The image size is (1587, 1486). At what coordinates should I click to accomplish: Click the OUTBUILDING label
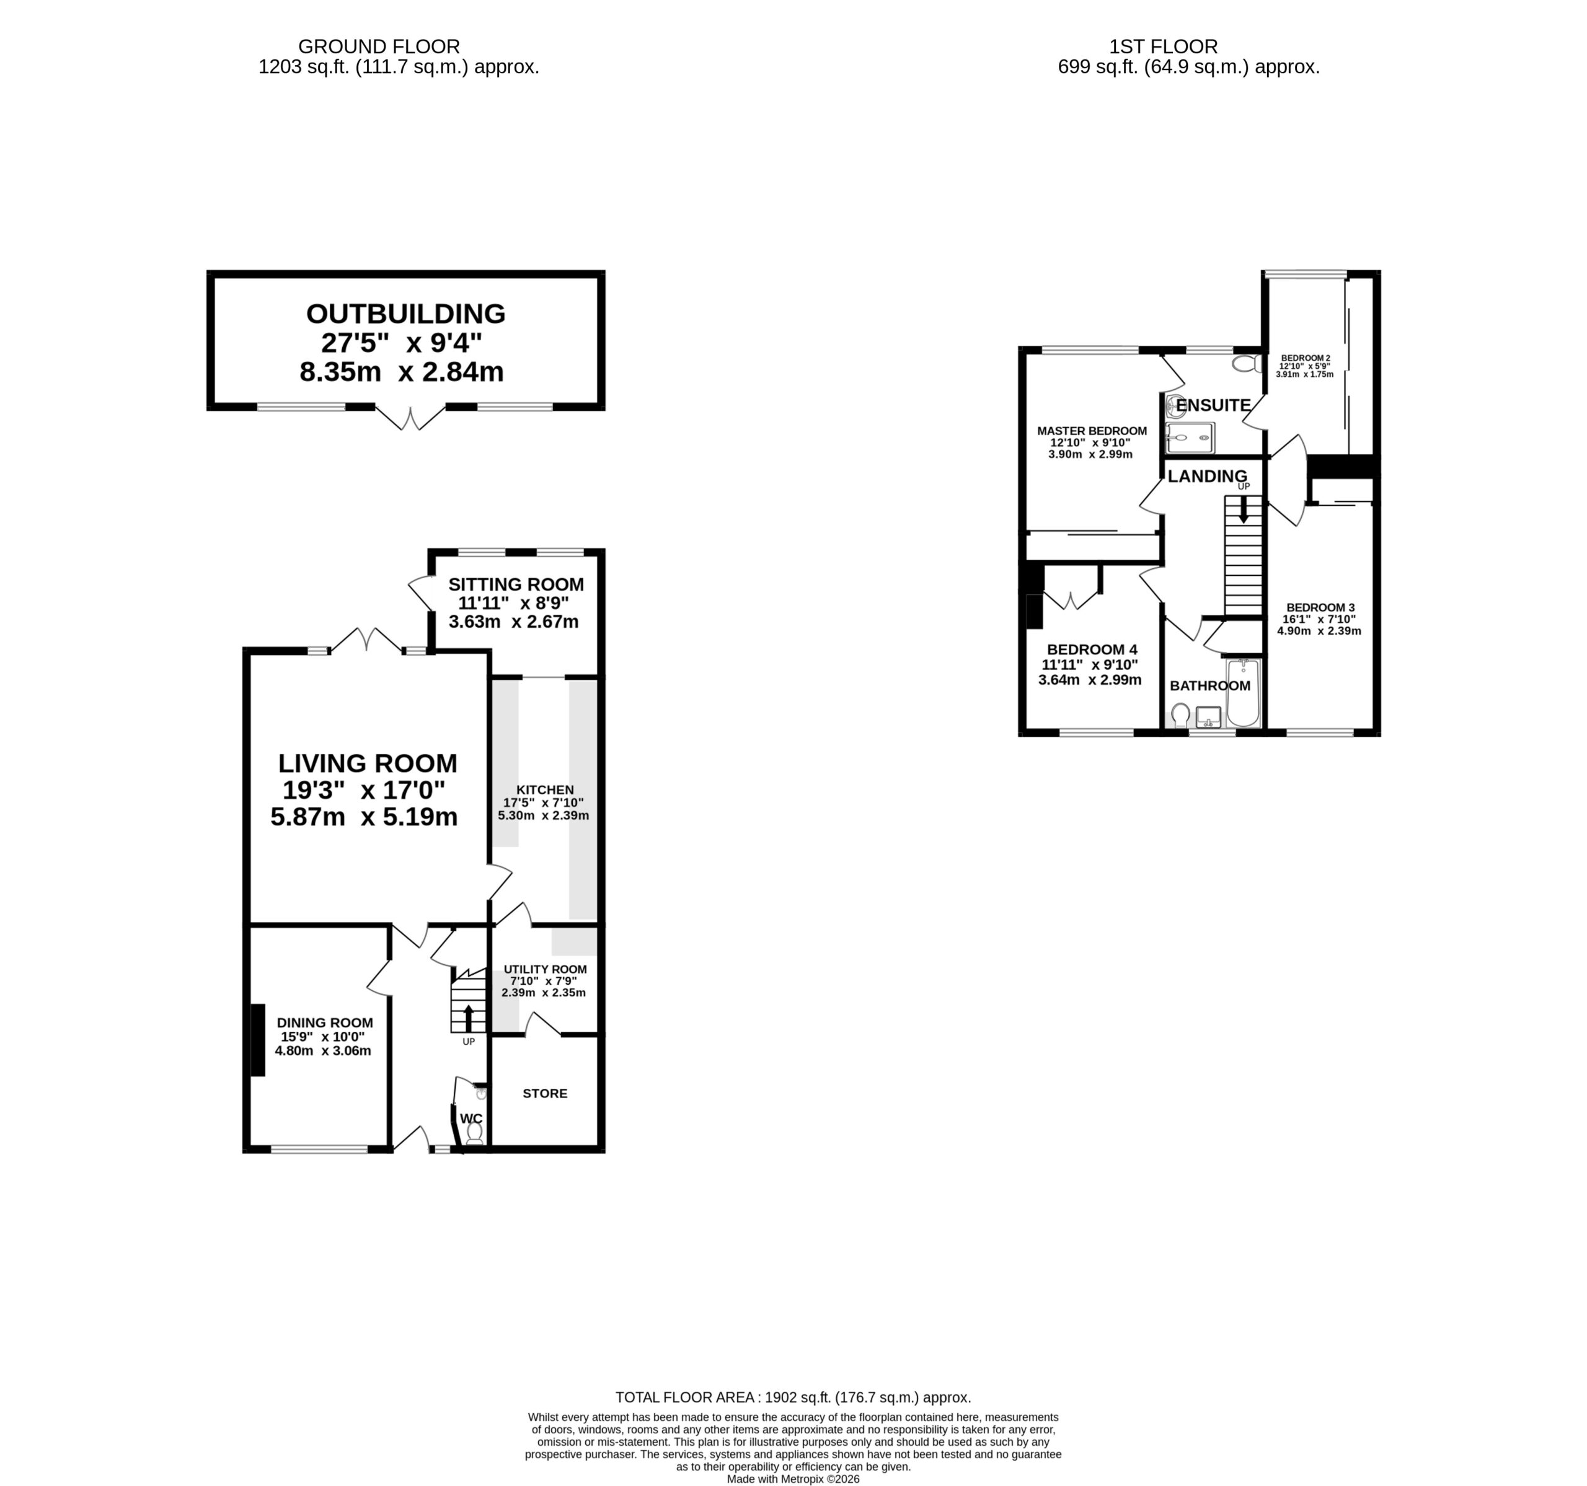pyautogui.click(x=405, y=314)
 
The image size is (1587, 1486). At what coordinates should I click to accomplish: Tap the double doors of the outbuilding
pyautogui.click(x=410, y=418)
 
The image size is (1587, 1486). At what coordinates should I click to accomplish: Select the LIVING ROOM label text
pyautogui.click(x=367, y=763)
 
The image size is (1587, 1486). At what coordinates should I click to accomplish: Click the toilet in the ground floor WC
pyautogui.click(x=474, y=1133)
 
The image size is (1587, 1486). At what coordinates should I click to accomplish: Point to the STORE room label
pyautogui.click(x=546, y=1093)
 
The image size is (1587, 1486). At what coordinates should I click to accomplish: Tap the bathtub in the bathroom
pyautogui.click(x=1243, y=693)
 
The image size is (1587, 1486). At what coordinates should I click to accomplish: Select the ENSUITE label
pyautogui.click(x=1213, y=405)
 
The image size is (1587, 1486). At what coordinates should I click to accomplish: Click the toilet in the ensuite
pyautogui.click(x=1246, y=364)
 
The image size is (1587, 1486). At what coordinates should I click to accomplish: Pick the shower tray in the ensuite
pyautogui.click(x=1190, y=438)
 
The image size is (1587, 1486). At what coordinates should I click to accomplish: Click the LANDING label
pyautogui.click(x=1207, y=477)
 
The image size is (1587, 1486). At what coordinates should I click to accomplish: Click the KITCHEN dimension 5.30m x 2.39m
pyautogui.click(x=544, y=816)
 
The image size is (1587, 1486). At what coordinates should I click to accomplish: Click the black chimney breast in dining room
pyautogui.click(x=258, y=1040)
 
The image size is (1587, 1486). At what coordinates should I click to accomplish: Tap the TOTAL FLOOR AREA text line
pyautogui.click(x=793, y=1397)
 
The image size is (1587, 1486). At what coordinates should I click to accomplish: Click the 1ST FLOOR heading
pyautogui.click(x=1163, y=47)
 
